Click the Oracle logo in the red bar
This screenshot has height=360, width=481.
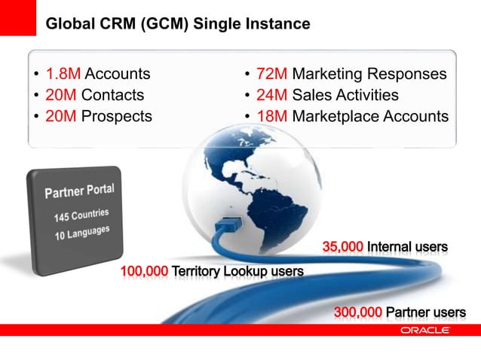425,331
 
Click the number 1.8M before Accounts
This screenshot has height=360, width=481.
63,75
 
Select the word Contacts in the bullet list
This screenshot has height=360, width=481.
112,96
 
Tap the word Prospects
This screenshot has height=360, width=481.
116,117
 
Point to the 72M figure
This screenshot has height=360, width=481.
271,75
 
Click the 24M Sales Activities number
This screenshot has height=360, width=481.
271,96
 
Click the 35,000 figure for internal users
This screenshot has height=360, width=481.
343,247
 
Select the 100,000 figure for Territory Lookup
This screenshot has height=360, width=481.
144,271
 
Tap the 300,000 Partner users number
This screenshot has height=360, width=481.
357,313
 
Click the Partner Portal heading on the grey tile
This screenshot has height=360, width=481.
79,189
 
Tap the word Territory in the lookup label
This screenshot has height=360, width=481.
198,271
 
